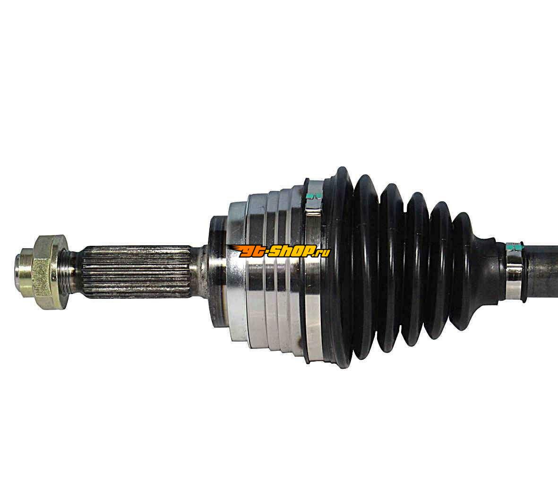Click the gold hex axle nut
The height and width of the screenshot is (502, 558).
pos(50,272)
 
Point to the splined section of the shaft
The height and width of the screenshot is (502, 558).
pos(137,271)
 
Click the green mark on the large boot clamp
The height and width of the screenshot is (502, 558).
pos(314,196)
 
